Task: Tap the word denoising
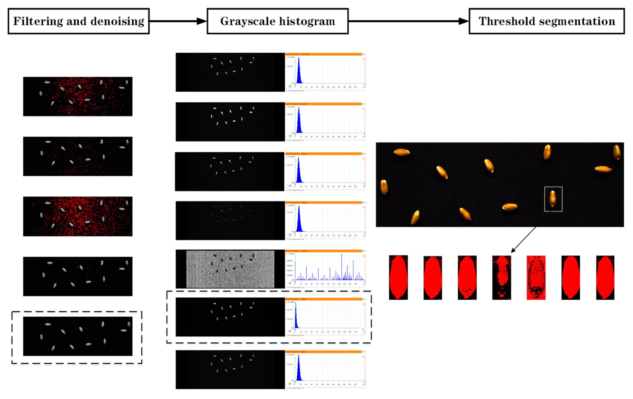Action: coord(117,21)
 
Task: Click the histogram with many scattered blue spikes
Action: coord(325,269)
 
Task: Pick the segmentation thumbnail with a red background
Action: coord(536,277)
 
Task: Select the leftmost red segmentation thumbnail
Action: coord(398,277)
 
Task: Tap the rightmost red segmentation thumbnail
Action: coord(605,277)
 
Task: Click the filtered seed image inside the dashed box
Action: coord(78,336)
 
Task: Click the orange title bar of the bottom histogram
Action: coord(323,352)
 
